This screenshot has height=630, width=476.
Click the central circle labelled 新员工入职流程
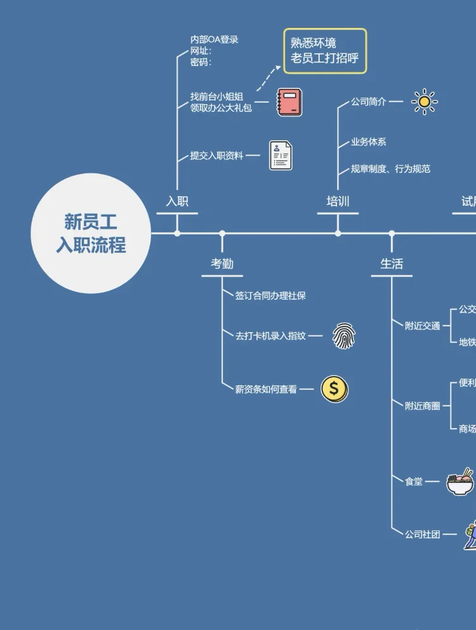pyautogui.click(x=91, y=233)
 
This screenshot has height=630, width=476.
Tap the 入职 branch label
pyautogui.click(x=177, y=201)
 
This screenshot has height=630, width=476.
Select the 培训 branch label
pyautogui.click(x=338, y=201)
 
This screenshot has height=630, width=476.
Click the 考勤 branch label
pyautogui.click(x=222, y=264)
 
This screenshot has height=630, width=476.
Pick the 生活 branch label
pyautogui.click(x=392, y=264)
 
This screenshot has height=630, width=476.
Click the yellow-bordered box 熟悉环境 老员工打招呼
pyautogui.click(x=325, y=51)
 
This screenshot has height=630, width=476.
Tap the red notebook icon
pyautogui.click(x=289, y=102)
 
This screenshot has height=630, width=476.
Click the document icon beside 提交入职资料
pyautogui.click(x=281, y=156)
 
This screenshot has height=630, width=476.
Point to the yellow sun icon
pyautogui.click(x=424, y=102)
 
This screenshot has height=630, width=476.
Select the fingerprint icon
pyautogui.click(x=344, y=335)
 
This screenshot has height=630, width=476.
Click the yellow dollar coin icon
pyautogui.click(x=334, y=389)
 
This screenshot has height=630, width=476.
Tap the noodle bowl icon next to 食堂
pyautogui.click(x=459, y=482)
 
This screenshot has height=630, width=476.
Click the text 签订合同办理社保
pyautogui.click(x=270, y=296)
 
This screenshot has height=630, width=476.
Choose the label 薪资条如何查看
pyautogui.click(x=266, y=389)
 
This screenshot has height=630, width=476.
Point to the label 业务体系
pyautogui.click(x=369, y=142)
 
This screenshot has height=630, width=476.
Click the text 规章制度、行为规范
pyautogui.click(x=390, y=169)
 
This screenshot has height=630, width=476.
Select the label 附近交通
pyautogui.click(x=423, y=326)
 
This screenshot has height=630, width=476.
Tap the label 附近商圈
pyautogui.click(x=423, y=406)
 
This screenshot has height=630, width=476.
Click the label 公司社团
pyautogui.click(x=423, y=535)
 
